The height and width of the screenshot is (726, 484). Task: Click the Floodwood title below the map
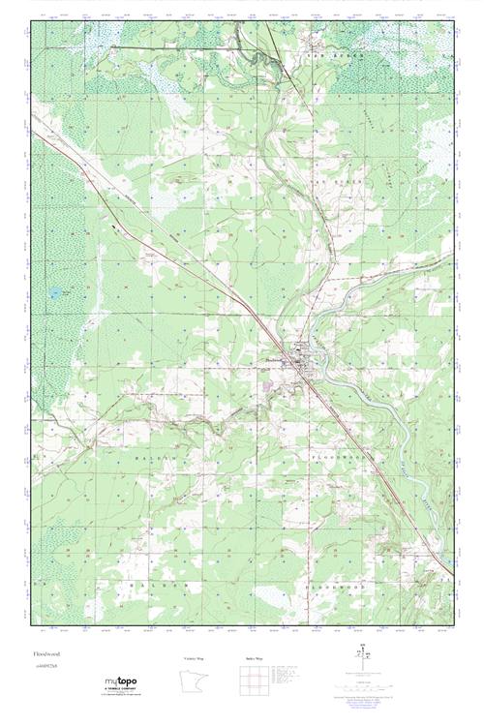click(45, 654)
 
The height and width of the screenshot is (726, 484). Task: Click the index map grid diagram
click(254, 681)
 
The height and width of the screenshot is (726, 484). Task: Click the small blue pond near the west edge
click(55, 291)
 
